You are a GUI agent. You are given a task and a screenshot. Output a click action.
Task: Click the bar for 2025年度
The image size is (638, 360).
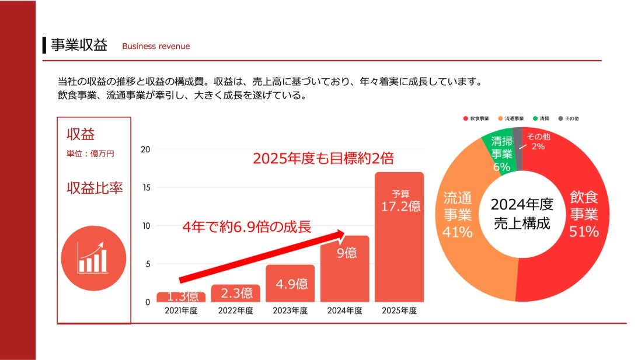(399, 245)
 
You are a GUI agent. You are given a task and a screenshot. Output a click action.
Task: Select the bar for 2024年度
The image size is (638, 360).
(344, 274)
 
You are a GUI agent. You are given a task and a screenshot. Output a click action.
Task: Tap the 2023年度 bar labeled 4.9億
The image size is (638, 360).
(290, 284)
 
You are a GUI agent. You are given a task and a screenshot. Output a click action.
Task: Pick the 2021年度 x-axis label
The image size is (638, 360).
(181, 311)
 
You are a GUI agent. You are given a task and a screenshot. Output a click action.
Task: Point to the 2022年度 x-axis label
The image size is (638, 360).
(235, 311)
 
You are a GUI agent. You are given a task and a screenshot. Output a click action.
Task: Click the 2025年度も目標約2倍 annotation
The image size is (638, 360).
(323, 159)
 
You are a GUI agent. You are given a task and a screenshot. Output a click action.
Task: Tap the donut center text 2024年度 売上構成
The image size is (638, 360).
(521, 214)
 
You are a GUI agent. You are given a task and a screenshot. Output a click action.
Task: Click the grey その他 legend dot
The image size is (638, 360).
(561, 118)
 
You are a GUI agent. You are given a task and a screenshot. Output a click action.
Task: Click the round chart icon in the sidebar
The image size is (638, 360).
(93, 259)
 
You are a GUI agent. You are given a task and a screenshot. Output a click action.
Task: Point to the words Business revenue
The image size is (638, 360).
(156, 46)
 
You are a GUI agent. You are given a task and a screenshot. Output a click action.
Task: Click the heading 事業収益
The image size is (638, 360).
(79, 46)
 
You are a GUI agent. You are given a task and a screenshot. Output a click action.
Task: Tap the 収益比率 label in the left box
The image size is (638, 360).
(94, 188)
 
